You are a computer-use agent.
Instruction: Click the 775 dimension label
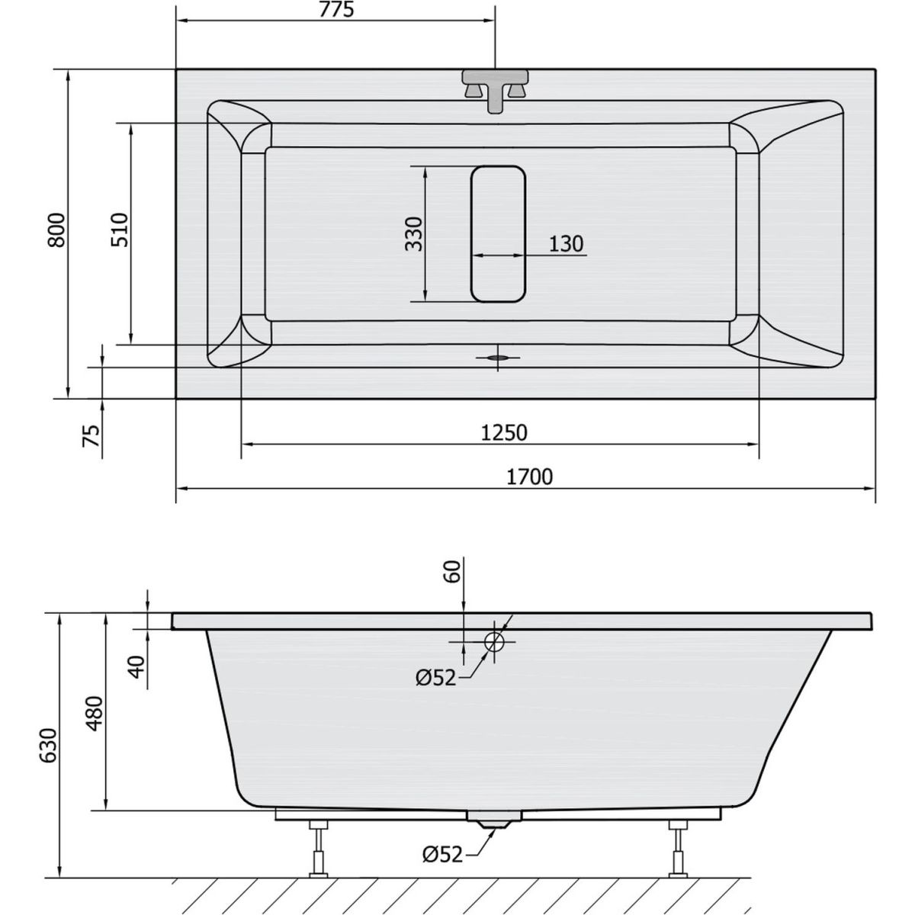click(336, 10)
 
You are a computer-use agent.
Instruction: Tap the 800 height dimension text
click(57, 230)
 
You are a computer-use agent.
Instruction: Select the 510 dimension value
click(120, 230)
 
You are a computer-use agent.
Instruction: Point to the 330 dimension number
click(413, 234)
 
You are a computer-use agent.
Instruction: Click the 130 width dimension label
click(566, 244)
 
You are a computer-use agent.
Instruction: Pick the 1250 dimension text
click(504, 433)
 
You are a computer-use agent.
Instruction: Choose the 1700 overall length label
click(530, 477)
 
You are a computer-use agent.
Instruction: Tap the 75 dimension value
click(91, 435)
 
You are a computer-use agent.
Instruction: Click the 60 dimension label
click(452, 572)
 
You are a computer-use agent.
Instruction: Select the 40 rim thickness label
click(136, 667)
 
